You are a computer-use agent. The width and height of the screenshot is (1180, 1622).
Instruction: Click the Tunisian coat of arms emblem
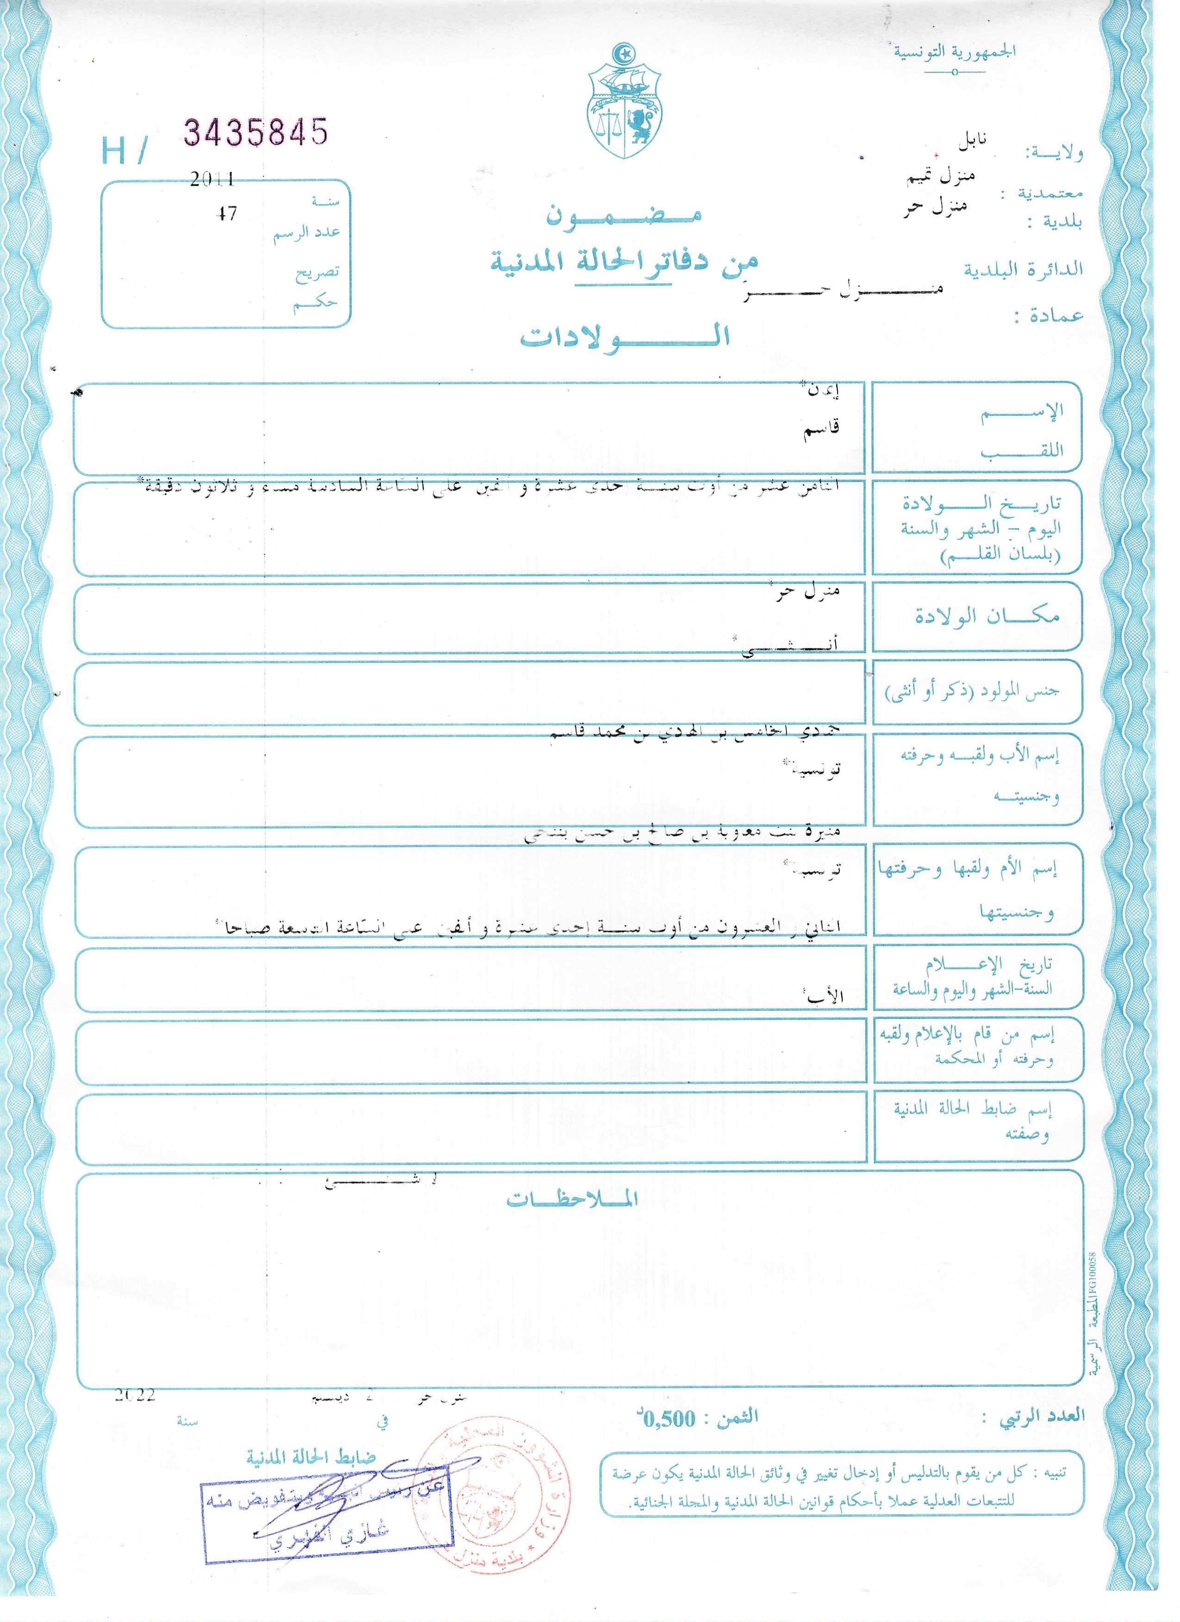pyautogui.click(x=625, y=103)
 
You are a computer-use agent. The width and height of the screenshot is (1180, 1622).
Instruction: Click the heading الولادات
pyautogui.click(x=624, y=337)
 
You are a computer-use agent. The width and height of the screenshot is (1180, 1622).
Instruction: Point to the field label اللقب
pyautogui.click(x=1021, y=450)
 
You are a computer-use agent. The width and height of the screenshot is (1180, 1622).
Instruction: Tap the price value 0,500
pyautogui.click(x=670, y=1419)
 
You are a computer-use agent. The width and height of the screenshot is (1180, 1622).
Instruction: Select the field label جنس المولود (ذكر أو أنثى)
pyautogui.click(x=973, y=691)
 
